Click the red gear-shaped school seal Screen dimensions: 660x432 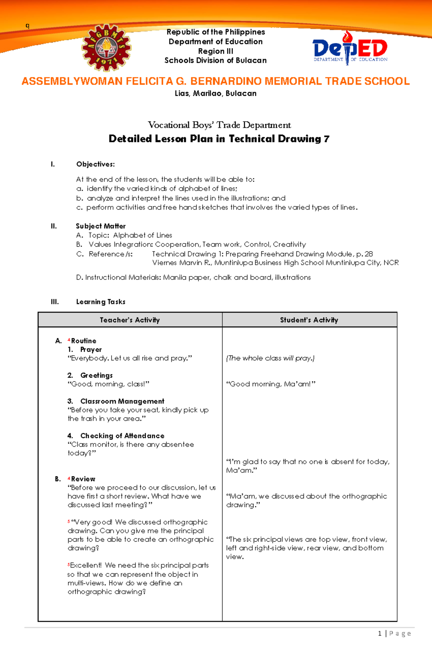click(x=106, y=48)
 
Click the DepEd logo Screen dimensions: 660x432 click(x=350, y=49)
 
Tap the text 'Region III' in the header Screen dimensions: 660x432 click(x=215, y=51)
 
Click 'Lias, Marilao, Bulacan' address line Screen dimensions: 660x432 click(x=215, y=94)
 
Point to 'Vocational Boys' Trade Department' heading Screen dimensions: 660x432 click(x=219, y=125)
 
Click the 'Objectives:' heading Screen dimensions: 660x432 click(x=95, y=164)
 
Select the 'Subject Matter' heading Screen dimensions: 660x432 click(x=100, y=226)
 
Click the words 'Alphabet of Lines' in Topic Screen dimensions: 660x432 click(x=143, y=235)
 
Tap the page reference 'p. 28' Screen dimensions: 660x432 click(x=364, y=254)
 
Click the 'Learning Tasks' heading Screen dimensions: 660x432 click(x=100, y=302)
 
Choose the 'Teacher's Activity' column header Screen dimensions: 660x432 click(x=130, y=320)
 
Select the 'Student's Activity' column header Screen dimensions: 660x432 click(x=309, y=320)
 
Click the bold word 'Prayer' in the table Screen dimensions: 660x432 click(x=91, y=350)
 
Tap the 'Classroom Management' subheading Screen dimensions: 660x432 click(x=122, y=401)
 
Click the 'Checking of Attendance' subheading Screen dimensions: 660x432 click(x=122, y=436)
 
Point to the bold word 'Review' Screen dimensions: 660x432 click(x=83, y=479)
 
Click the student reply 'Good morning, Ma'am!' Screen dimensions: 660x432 click(x=270, y=384)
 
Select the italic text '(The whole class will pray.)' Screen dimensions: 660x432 click(x=270, y=358)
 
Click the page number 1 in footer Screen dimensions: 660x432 click(x=379, y=634)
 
